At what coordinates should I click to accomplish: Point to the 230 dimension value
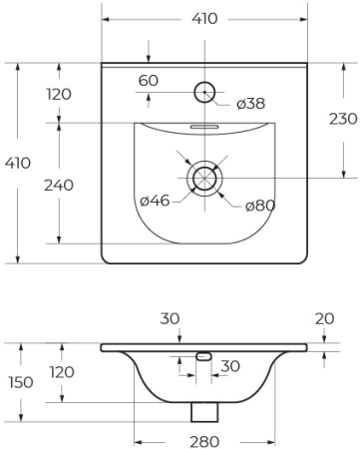click(343, 119)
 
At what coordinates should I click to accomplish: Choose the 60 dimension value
click(149, 80)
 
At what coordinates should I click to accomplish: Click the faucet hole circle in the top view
click(205, 92)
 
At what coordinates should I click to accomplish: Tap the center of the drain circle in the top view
click(205, 178)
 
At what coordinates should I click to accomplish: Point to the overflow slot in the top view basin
click(205, 127)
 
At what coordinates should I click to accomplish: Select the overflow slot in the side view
click(203, 356)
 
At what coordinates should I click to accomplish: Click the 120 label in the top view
click(59, 94)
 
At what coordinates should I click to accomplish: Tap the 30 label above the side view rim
click(171, 319)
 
